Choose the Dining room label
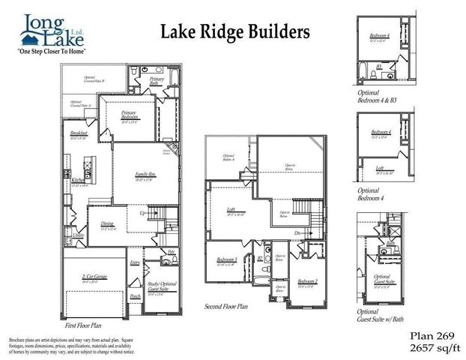pyautogui.click(x=108, y=223)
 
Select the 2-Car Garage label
pyautogui.click(x=96, y=277)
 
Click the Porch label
pyautogui.click(x=136, y=295)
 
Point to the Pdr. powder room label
pyautogui.click(x=171, y=252)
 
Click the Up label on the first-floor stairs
pyautogui.click(x=143, y=213)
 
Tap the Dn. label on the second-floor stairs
pyautogui.click(x=297, y=232)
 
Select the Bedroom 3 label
pyautogui.click(x=227, y=260)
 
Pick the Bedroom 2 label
pyautogui.click(x=307, y=281)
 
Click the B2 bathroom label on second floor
pyautogui.click(x=260, y=259)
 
